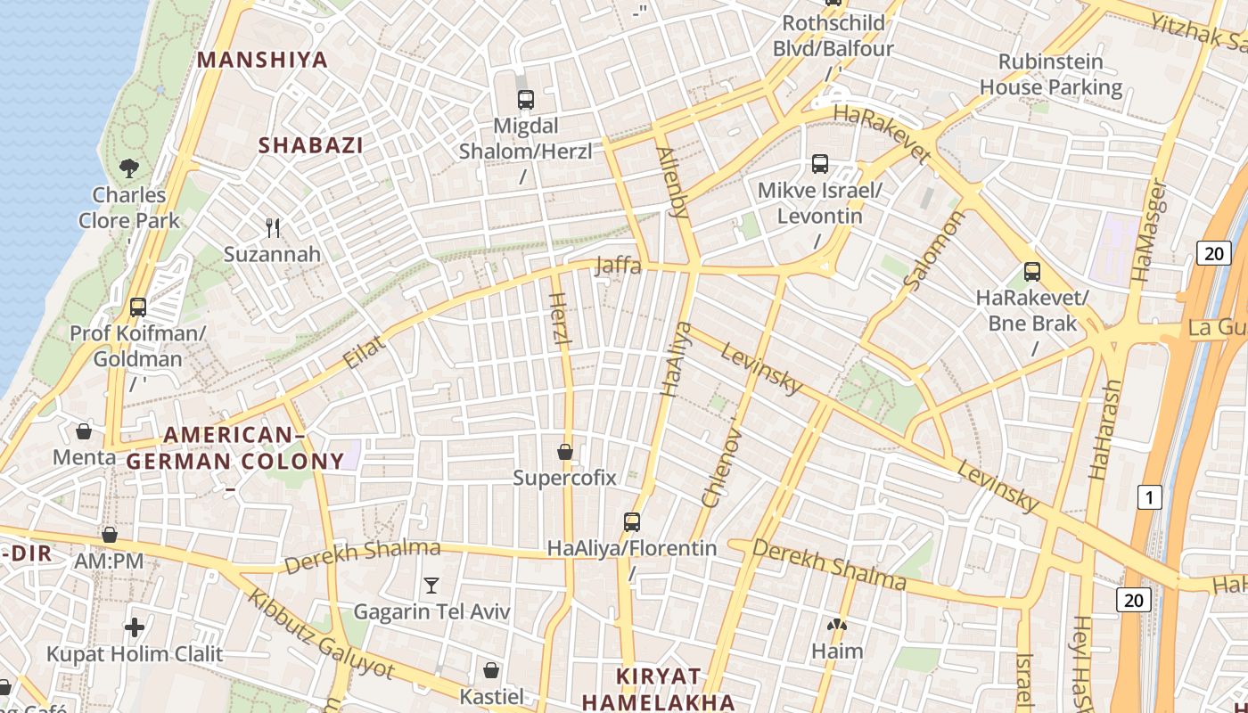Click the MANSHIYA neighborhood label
click(x=262, y=60)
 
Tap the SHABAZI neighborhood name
click(x=311, y=145)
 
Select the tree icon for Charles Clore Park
click(x=129, y=168)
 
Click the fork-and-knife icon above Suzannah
click(x=273, y=228)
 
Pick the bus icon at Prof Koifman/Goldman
click(x=138, y=307)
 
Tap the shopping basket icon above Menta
click(x=84, y=431)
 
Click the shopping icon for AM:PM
click(x=110, y=535)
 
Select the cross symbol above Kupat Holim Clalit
click(x=135, y=627)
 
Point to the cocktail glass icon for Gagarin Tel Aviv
click(x=431, y=586)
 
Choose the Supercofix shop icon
click(x=564, y=452)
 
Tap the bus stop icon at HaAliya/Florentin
click(x=632, y=521)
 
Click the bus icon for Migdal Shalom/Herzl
click(x=526, y=99)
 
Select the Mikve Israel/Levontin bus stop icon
click(x=820, y=164)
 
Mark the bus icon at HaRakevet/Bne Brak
click(x=1032, y=271)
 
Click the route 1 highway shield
click(x=1150, y=497)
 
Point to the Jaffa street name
click(x=618, y=265)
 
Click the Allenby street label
click(x=672, y=182)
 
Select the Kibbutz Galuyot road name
click(x=320, y=633)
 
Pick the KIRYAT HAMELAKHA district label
click(x=659, y=689)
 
